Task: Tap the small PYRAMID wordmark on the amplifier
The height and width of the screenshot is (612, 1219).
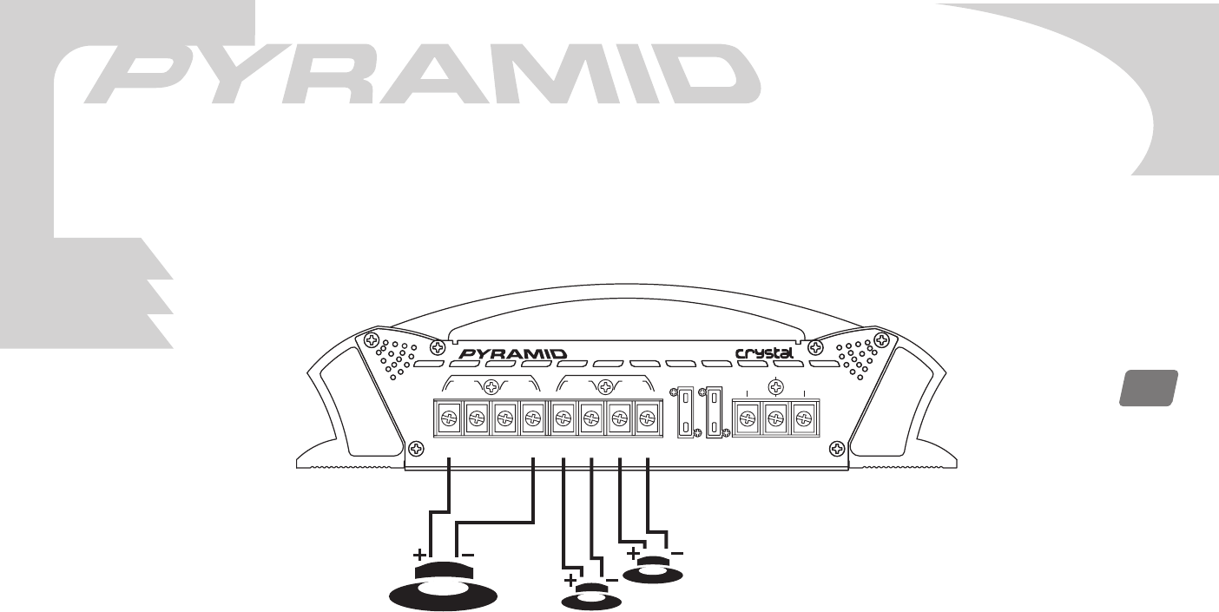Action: (511, 354)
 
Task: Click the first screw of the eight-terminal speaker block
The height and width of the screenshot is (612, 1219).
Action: (448, 420)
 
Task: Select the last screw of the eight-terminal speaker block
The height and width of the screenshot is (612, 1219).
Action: (645, 420)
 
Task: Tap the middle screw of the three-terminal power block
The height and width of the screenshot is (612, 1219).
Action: (776, 420)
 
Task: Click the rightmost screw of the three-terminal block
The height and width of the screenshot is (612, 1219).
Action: (806, 420)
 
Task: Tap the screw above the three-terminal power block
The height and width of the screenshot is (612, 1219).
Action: (777, 387)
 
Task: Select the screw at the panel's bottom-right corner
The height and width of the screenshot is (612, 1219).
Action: (837, 449)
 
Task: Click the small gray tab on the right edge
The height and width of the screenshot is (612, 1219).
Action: (1147, 388)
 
